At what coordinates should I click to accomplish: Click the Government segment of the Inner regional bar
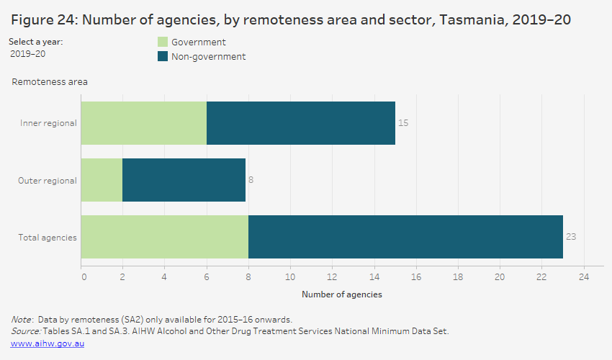point(144,123)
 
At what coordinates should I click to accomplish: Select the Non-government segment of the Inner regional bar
point(301,123)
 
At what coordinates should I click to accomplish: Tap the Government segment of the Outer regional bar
point(102,180)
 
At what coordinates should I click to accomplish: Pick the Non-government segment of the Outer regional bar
point(184,180)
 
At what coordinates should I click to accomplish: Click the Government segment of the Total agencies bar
point(165,237)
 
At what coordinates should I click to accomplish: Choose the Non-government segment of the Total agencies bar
point(405,237)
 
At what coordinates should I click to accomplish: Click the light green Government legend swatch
point(162,42)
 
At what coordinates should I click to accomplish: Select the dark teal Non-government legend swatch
point(162,56)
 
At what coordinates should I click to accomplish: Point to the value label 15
point(403,123)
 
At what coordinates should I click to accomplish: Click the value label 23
point(571,237)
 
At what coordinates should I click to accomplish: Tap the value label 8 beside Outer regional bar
point(251,180)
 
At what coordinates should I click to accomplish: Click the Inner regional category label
point(48,123)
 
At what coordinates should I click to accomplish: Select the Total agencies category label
point(48,237)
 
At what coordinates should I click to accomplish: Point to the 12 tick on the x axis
point(333,276)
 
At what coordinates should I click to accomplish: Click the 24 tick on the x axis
point(583,276)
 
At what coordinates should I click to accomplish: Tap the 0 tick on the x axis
point(84,276)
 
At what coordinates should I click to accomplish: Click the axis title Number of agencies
point(341,294)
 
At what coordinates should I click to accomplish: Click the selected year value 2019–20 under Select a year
point(27,54)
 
